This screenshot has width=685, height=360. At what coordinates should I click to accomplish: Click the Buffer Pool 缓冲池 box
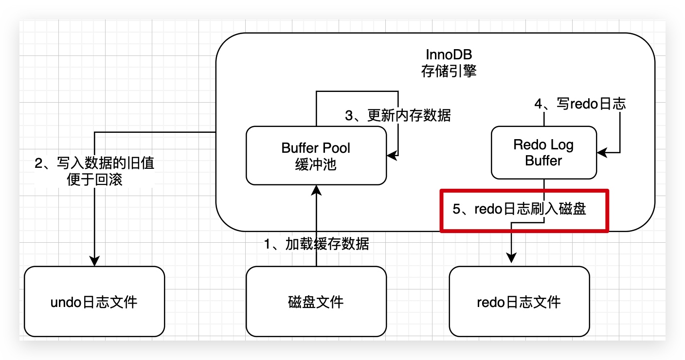(316, 156)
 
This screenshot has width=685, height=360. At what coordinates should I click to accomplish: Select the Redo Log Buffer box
(543, 152)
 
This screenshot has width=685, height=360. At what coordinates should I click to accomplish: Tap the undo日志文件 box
(94, 302)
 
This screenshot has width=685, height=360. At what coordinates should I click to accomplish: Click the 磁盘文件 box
(316, 302)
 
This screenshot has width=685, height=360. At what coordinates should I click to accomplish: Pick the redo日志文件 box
(519, 302)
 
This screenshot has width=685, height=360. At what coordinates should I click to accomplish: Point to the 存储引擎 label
(449, 72)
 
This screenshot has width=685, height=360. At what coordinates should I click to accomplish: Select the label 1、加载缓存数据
(316, 244)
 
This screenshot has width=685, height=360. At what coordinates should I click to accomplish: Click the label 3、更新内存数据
(398, 115)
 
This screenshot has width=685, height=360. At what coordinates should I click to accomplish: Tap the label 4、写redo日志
(580, 104)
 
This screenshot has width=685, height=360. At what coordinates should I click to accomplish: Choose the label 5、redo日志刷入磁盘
(519, 209)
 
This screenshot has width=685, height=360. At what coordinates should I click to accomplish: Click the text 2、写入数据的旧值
(94, 163)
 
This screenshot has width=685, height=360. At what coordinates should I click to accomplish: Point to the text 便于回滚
(94, 180)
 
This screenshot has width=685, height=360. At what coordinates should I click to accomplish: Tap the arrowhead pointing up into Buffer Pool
(316, 190)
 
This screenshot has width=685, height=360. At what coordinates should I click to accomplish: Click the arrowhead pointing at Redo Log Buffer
(602, 153)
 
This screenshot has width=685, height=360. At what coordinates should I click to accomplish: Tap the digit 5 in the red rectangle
(456, 209)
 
